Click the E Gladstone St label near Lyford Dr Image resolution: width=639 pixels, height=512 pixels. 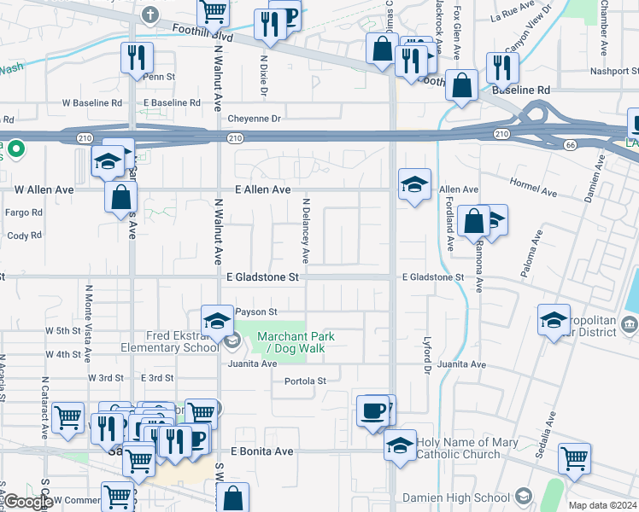[x=433, y=277]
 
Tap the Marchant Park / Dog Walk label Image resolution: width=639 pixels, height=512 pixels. [x=284, y=342]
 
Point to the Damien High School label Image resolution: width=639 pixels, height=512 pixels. [x=467, y=497]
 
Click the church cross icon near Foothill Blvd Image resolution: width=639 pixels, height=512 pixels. [x=151, y=15]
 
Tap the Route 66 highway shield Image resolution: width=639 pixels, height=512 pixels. [x=569, y=146]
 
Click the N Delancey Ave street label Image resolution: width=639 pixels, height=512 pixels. [x=305, y=231]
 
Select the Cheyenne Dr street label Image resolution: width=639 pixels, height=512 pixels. [x=252, y=119]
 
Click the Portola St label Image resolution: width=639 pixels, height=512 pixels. [x=305, y=381]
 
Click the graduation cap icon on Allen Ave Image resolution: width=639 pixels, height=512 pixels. [x=414, y=184]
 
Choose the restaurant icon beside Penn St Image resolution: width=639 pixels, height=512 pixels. [x=137, y=57]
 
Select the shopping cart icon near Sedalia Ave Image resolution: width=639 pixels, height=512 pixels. [x=575, y=458]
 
